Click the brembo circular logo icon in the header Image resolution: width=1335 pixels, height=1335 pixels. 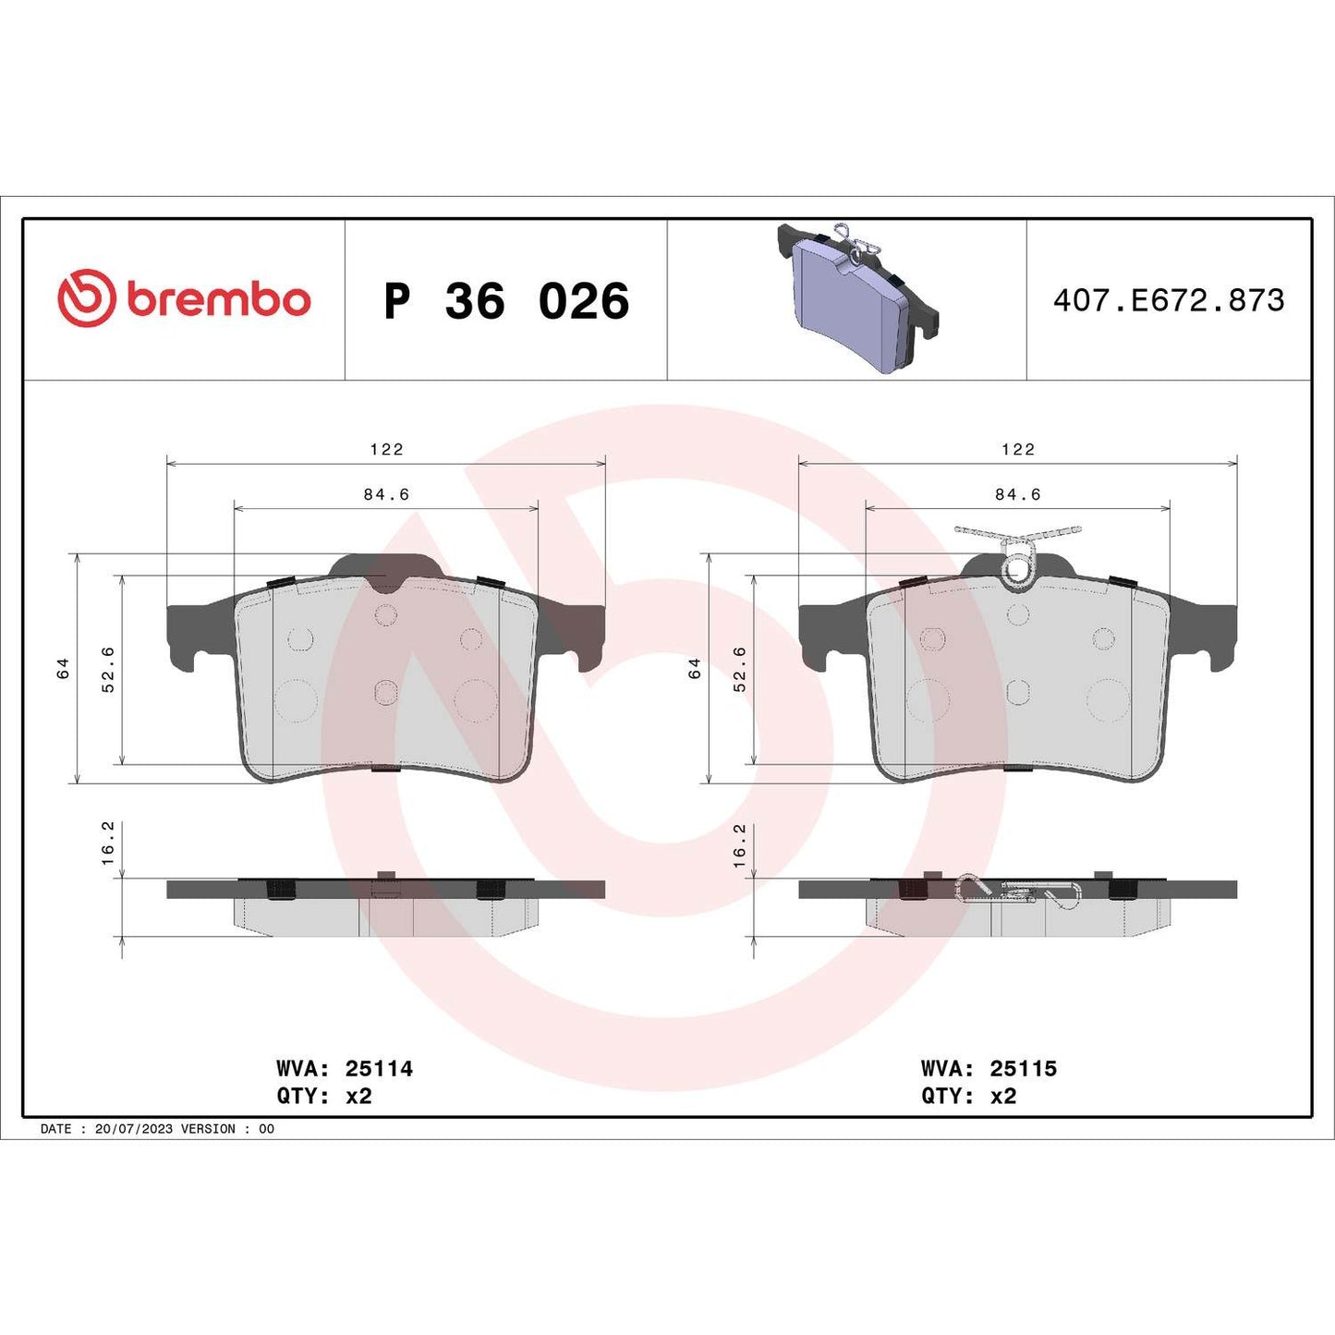[x=87, y=298]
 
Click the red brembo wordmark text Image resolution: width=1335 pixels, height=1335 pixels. [x=218, y=299]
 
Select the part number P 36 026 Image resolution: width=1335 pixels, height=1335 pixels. [x=506, y=301]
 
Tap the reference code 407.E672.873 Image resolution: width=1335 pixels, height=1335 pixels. [x=1169, y=300]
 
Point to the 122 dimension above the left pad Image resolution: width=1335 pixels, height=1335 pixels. [x=386, y=449]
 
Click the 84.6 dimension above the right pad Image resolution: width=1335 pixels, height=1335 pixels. [x=1017, y=494]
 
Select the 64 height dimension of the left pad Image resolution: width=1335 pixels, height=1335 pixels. [x=63, y=668]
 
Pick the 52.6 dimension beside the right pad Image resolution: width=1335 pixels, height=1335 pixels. [x=739, y=669]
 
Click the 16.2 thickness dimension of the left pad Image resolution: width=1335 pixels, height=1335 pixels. [x=107, y=843]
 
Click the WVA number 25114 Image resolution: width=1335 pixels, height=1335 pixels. [x=379, y=1068]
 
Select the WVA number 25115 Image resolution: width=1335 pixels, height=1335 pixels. [x=1023, y=1068]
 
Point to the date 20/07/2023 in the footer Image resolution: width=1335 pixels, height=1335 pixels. [x=133, y=1129]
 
